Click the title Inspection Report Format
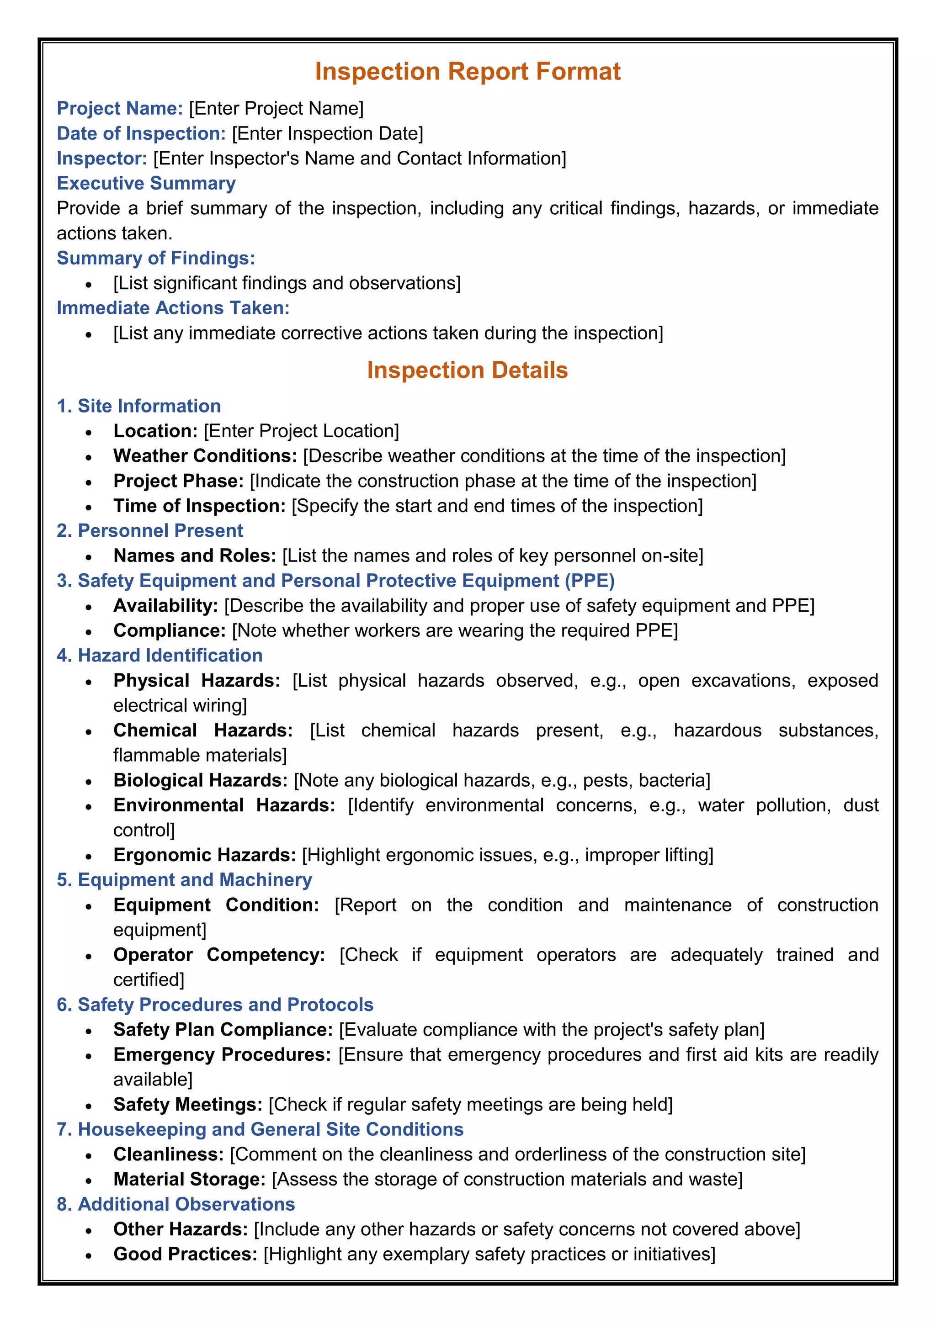[468, 71]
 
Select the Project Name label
[120, 108]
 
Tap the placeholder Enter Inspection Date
[327, 134]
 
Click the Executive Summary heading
[146, 183]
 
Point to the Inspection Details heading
[468, 370]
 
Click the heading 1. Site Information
[139, 406]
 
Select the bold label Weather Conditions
[205, 456]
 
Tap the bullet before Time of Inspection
[88, 507]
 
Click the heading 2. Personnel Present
[150, 531]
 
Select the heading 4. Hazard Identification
[160, 656]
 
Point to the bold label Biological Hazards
[200, 780]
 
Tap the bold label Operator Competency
[219, 955]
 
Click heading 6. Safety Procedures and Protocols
[215, 1005]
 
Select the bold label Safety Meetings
[188, 1105]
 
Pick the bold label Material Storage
[189, 1180]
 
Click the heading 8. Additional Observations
[176, 1204]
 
